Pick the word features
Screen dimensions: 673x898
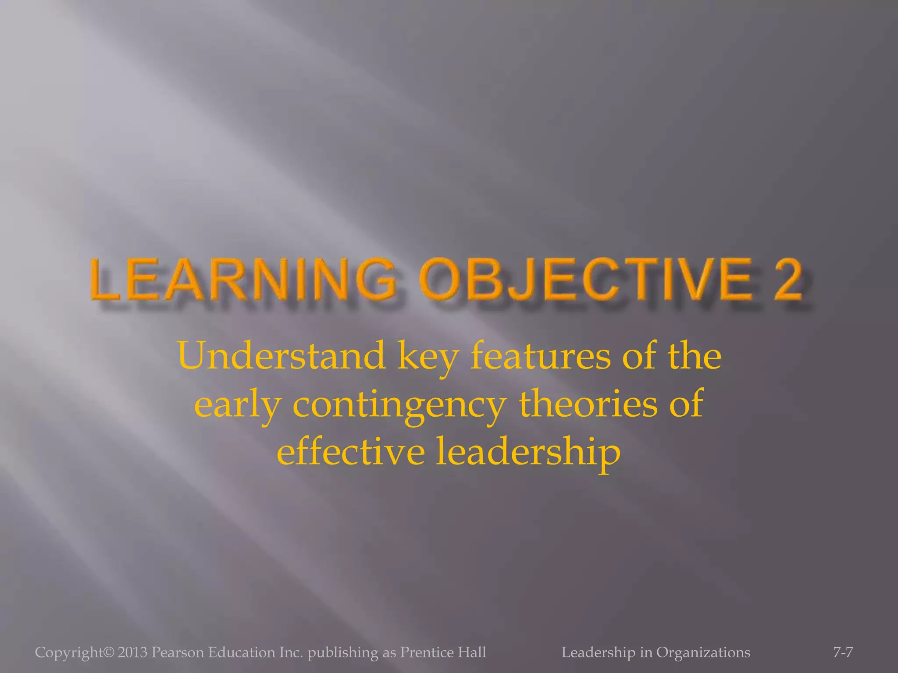pos(540,356)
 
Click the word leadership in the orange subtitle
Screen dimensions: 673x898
pos(528,452)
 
